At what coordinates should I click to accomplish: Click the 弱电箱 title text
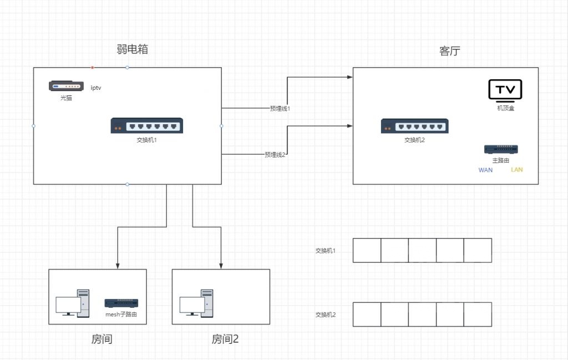(132, 49)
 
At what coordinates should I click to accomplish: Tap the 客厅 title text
(449, 51)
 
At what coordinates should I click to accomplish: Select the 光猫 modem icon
(66, 86)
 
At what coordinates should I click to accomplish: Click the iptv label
(96, 88)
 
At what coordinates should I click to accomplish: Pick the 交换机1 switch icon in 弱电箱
(147, 125)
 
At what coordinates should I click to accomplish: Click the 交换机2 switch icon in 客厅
(414, 126)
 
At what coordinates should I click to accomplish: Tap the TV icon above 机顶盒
(505, 90)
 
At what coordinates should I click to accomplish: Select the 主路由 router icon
(501, 149)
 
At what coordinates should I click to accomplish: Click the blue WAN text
(485, 170)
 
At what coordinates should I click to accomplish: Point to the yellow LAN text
(516, 170)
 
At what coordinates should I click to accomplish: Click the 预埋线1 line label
(280, 109)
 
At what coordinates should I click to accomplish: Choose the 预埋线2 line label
(275, 155)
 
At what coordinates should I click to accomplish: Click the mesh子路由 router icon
(121, 303)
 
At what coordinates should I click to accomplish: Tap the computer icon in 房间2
(196, 303)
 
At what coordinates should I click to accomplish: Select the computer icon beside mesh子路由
(72, 303)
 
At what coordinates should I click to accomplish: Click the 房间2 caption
(225, 339)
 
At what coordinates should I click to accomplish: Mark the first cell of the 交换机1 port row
(367, 250)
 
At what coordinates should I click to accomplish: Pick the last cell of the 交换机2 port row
(478, 314)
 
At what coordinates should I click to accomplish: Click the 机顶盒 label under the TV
(505, 108)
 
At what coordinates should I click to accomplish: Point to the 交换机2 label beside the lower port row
(326, 315)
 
